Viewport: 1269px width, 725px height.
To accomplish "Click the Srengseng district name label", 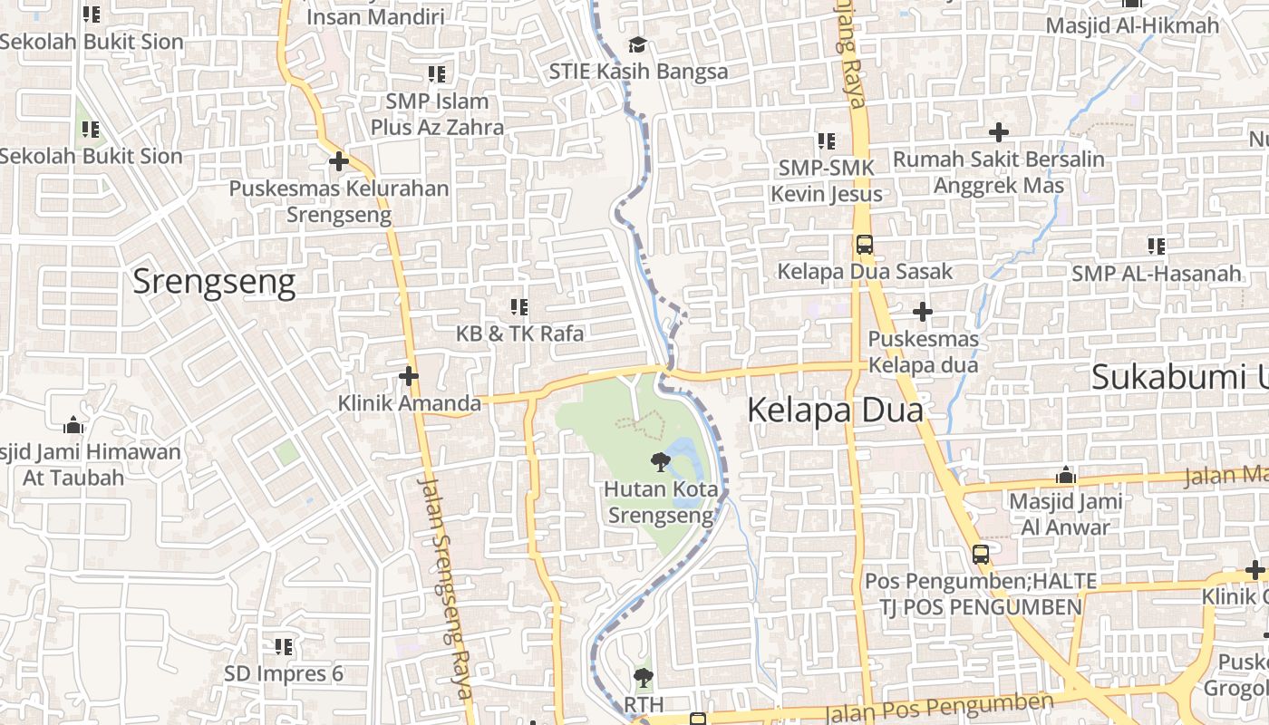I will (214, 283).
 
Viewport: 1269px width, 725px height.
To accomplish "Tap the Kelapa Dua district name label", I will (835, 411).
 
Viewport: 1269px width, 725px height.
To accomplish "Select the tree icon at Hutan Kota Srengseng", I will (661, 463).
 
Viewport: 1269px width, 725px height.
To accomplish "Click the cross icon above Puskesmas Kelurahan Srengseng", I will (339, 162).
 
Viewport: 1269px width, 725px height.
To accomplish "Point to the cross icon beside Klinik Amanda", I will (409, 375).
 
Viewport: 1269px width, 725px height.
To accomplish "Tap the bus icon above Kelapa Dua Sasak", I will (865, 245).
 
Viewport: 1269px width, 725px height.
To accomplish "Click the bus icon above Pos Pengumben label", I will (981, 554).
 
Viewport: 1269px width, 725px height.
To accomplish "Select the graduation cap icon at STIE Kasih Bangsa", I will (638, 45).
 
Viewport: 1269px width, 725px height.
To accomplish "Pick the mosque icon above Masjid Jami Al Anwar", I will (1066, 475).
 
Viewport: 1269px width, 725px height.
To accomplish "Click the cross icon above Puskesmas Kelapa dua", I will (923, 313).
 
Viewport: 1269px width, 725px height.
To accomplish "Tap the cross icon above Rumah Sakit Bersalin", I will (999, 132).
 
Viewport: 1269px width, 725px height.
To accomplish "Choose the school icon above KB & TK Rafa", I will (519, 307).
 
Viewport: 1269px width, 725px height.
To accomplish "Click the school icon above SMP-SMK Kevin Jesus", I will (827, 141).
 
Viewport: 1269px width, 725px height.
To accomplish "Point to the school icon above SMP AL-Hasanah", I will (1157, 246).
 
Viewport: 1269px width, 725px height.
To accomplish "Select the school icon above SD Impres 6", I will (284, 647).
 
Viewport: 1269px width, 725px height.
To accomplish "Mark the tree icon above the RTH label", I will (644, 677).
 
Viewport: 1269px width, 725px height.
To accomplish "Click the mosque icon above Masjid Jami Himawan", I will (74, 425).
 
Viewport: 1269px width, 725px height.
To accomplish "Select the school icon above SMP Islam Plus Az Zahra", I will (437, 74).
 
